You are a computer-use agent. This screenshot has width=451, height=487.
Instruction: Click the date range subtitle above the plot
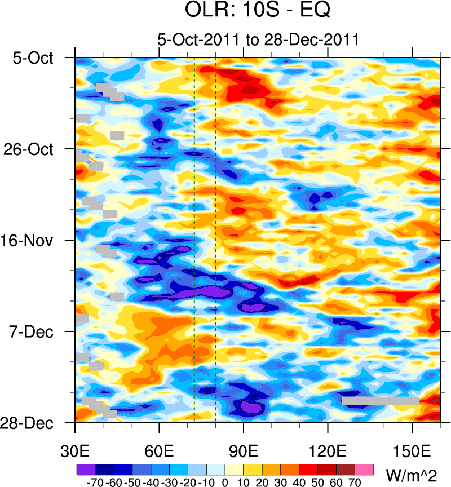258,40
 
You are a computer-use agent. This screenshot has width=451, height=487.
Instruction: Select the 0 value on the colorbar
225,482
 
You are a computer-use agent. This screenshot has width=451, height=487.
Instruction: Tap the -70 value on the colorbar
94,482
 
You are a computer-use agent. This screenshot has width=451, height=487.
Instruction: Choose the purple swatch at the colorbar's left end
85,469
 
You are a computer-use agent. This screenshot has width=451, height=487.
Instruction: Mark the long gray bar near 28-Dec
380,401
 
